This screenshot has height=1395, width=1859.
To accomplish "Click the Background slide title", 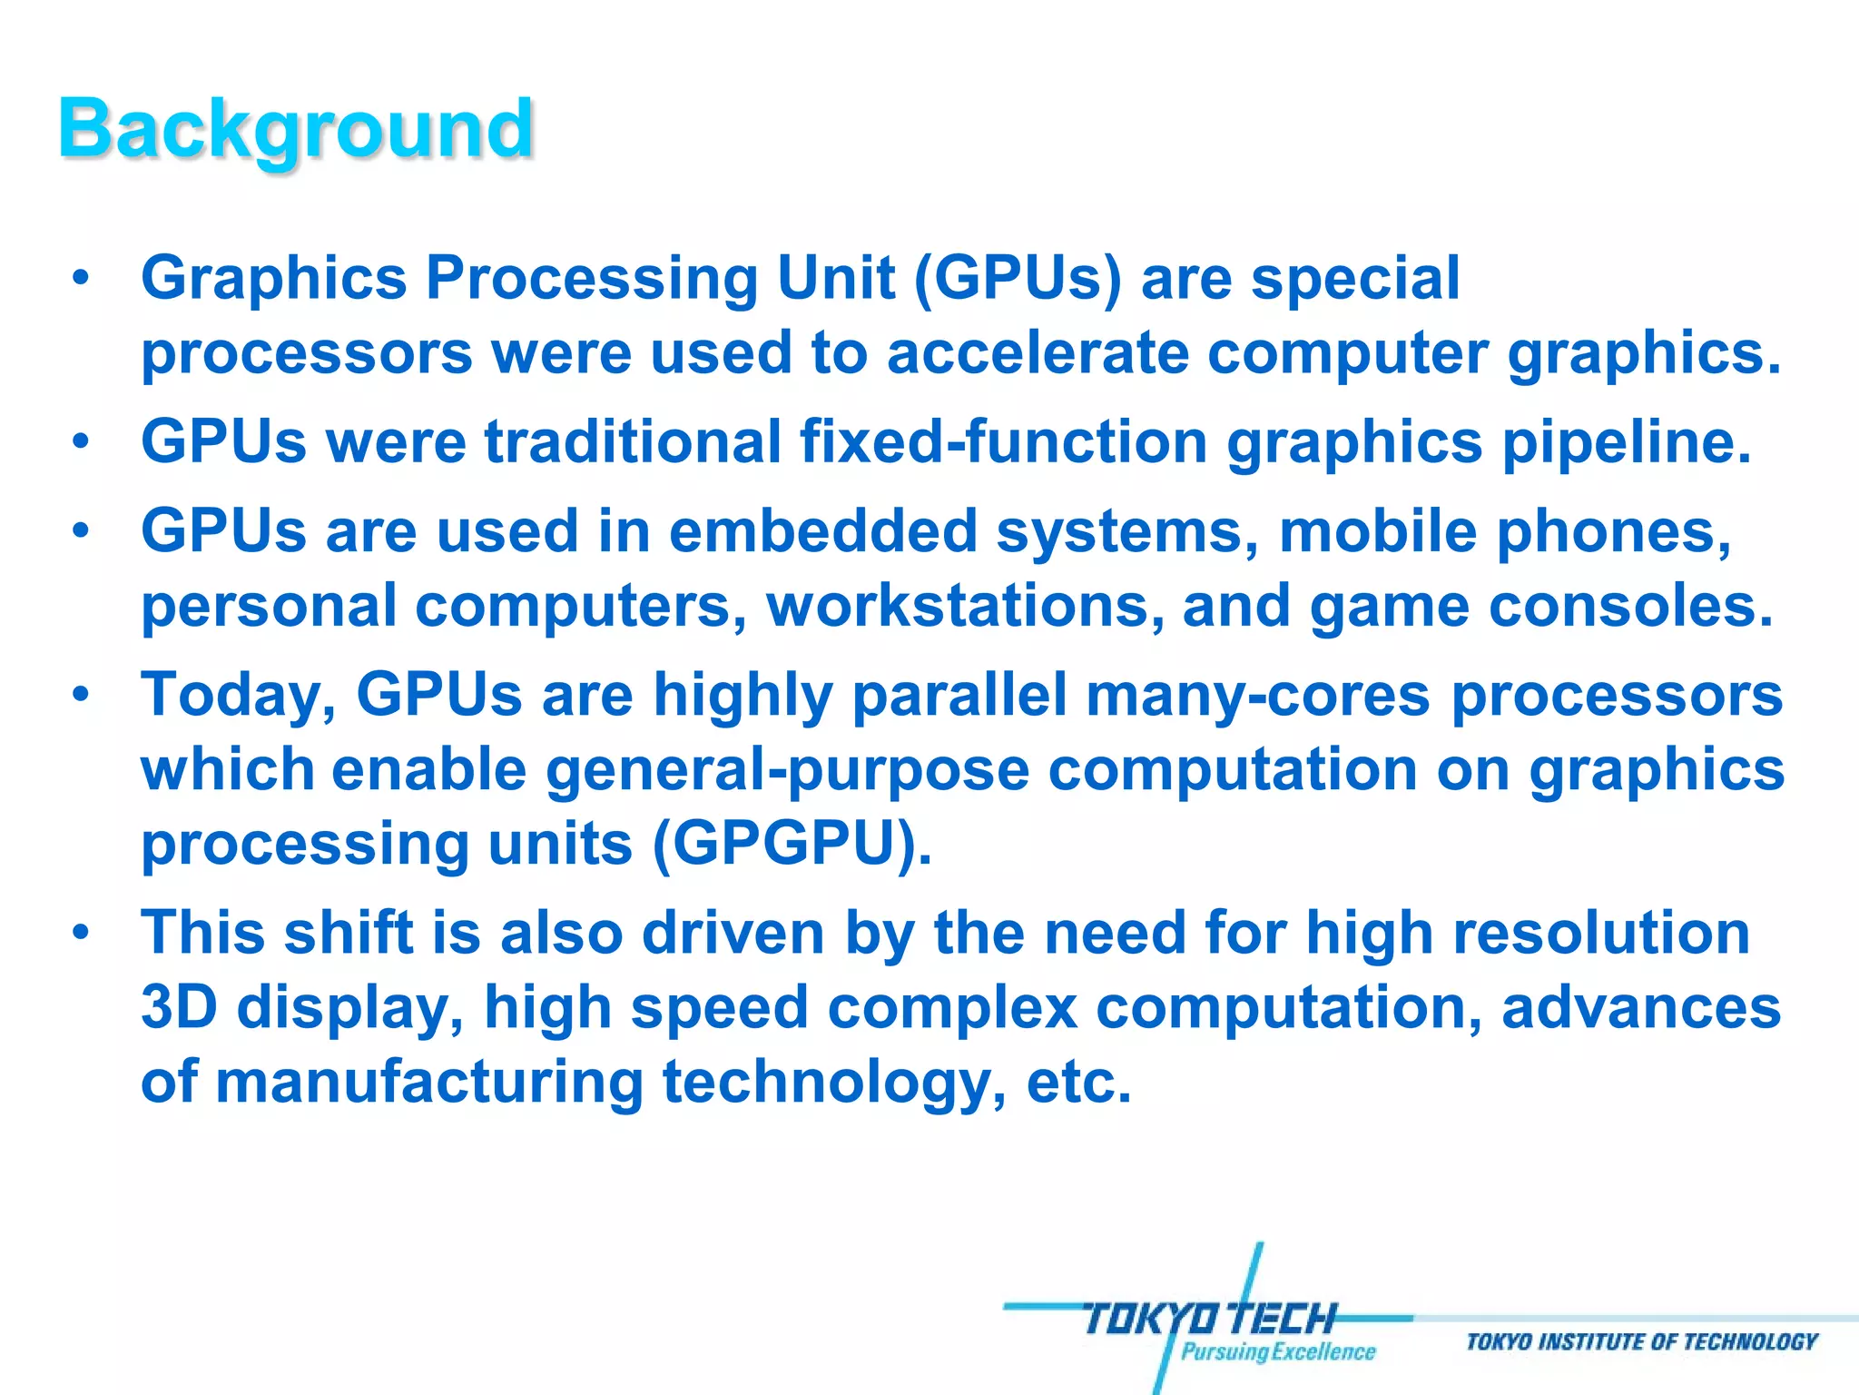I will click(296, 129).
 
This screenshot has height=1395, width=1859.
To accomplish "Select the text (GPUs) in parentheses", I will click(1018, 279).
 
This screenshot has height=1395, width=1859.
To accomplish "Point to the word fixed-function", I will click(1003, 442).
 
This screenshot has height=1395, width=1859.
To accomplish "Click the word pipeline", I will click(1625, 442).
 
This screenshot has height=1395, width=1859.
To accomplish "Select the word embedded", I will click(822, 531).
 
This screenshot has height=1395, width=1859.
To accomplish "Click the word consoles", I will click(1630, 606).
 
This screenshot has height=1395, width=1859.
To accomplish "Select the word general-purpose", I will click(787, 771).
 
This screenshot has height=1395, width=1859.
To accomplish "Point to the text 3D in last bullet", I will click(179, 1008).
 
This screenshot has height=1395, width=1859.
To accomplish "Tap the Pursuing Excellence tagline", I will click(1277, 1352).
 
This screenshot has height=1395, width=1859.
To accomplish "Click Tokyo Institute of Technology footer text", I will click(1641, 1342).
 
